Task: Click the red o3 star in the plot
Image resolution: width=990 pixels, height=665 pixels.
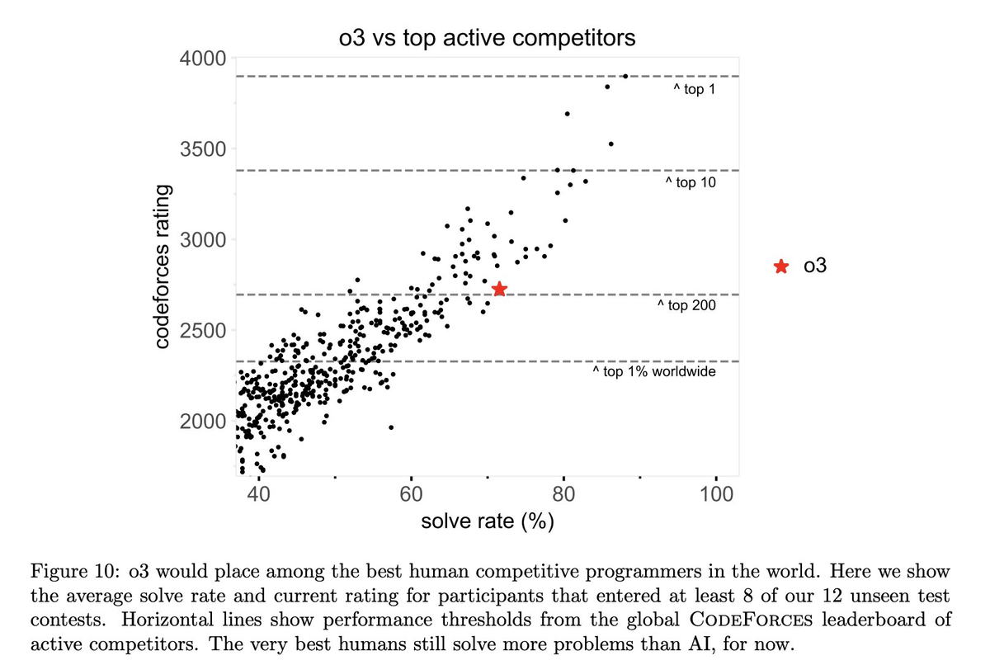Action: [x=499, y=289]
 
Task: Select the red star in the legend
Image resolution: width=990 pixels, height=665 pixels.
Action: [x=780, y=266]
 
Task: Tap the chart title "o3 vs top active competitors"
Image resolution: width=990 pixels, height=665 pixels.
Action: [x=488, y=38]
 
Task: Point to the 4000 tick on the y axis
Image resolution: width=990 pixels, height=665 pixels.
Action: [x=202, y=59]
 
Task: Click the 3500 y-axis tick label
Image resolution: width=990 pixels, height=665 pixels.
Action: [x=202, y=149]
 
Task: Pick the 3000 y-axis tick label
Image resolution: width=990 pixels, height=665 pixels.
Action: [x=202, y=240]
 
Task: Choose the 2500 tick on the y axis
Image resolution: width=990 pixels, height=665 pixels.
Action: [x=202, y=331]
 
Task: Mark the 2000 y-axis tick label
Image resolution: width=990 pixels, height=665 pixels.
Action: [x=202, y=422]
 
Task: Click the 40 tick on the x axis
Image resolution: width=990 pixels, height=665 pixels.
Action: [x=258, y=494]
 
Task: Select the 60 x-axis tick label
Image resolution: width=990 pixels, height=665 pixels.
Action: [x=411, y=494]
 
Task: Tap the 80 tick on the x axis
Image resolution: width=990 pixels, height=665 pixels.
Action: [x=563, y=494]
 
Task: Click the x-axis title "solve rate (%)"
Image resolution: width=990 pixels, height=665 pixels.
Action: [x=487, y=522]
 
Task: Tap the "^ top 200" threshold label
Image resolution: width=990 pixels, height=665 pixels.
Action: [x=686, y=306]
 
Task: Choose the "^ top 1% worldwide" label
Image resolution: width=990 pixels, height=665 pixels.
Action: [x=653, y=372]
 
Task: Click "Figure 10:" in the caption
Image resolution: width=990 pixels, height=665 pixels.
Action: [x=72, y=572]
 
